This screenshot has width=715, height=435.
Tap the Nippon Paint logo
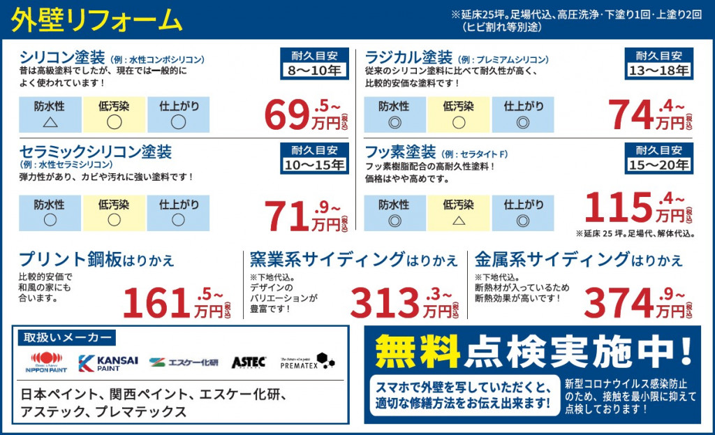point(47,363)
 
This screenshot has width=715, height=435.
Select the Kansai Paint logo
point(108,363)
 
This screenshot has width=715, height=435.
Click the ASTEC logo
point(249,362)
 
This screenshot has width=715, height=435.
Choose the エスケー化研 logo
point(184,362)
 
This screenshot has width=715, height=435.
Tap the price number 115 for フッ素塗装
point(618,206)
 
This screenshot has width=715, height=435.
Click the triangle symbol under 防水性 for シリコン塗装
point(50,122)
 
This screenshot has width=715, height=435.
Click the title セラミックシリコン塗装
point(96,152)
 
